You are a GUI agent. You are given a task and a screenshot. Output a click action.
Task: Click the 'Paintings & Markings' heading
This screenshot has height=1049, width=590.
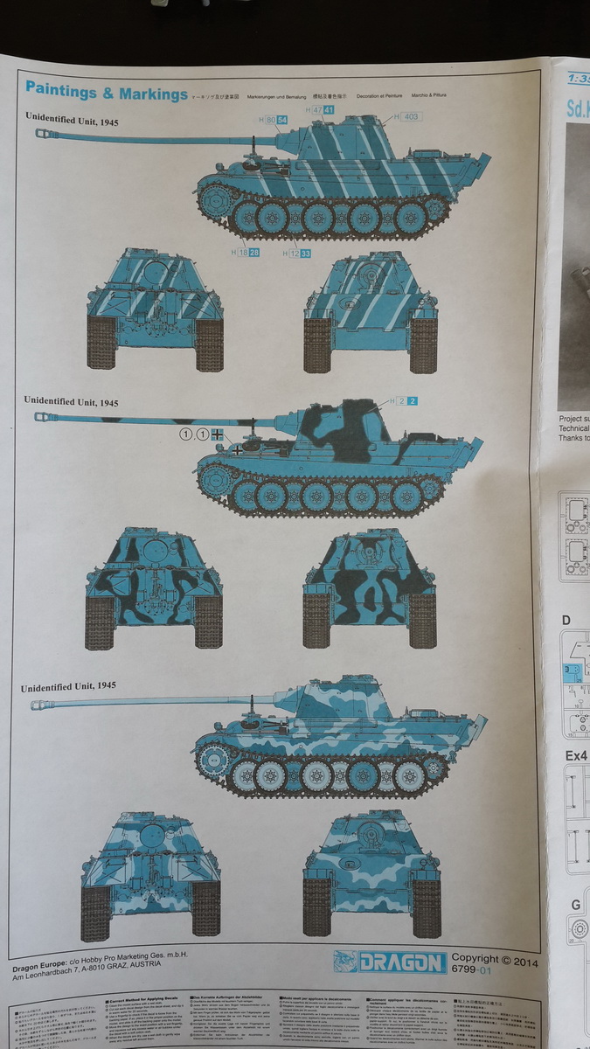106,91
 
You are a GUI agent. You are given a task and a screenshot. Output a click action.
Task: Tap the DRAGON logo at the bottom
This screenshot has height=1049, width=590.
389,962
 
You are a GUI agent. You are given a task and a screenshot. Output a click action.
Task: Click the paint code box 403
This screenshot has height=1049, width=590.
411,116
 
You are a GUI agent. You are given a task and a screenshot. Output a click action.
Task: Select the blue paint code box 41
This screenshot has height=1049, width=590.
329,110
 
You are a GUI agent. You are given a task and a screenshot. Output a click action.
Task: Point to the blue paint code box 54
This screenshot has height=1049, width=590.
282,119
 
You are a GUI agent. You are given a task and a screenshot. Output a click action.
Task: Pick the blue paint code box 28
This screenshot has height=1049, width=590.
253,253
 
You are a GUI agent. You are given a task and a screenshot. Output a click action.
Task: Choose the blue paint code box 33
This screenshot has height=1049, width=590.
305,254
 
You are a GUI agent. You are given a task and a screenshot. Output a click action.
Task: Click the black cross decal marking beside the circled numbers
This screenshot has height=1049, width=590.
218,434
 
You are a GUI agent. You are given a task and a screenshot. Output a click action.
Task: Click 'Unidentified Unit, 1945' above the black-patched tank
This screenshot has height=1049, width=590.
71,401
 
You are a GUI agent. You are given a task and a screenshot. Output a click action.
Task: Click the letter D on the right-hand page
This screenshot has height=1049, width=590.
566,620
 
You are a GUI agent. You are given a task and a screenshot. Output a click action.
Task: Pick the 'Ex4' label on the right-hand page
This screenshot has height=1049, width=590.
575,755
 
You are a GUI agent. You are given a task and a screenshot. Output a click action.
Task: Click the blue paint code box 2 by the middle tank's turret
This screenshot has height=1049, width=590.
413,401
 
